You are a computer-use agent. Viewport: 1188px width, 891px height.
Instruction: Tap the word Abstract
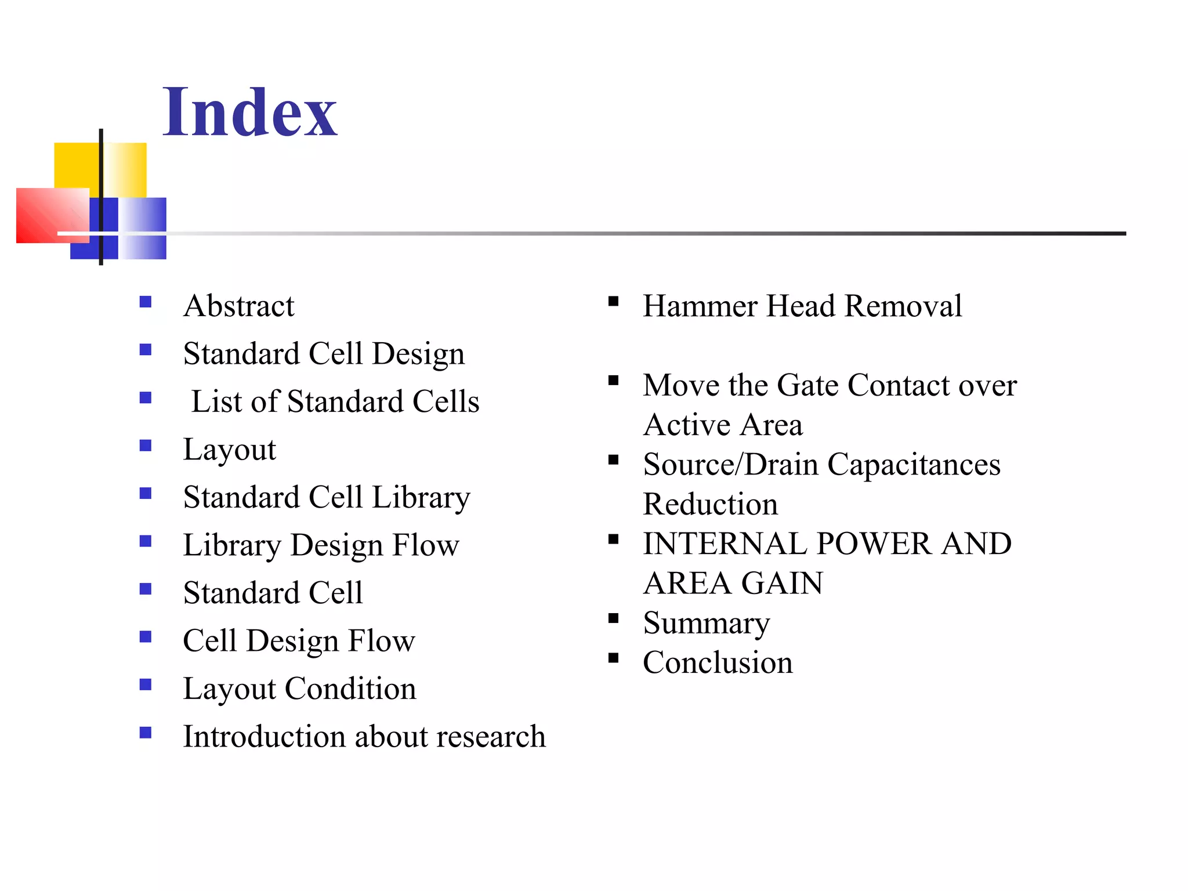tap(238, 306)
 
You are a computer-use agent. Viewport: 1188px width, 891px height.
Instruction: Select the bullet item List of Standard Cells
tap(335, 401)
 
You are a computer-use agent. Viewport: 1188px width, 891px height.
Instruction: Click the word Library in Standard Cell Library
tap(421, 498)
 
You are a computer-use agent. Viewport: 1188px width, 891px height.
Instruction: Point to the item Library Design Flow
tap(321, 545)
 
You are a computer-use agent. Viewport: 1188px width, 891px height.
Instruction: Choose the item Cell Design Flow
tap(299, 641)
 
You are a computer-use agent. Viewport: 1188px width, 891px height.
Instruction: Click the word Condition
tap(350, 689)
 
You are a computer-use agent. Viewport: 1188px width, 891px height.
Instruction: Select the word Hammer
tap(700, 306)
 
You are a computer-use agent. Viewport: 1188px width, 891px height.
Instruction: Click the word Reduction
tap(711, 504)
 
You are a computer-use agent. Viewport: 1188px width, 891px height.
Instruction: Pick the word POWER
tap(874, 544)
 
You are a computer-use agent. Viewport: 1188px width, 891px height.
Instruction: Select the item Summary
tap(707, 624)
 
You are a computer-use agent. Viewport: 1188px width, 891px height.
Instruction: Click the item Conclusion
tap(718, 662)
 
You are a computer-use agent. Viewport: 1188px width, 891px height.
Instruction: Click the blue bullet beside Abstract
tap(146, 302)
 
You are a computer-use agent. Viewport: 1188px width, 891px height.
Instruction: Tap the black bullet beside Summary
tap(614, 618)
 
